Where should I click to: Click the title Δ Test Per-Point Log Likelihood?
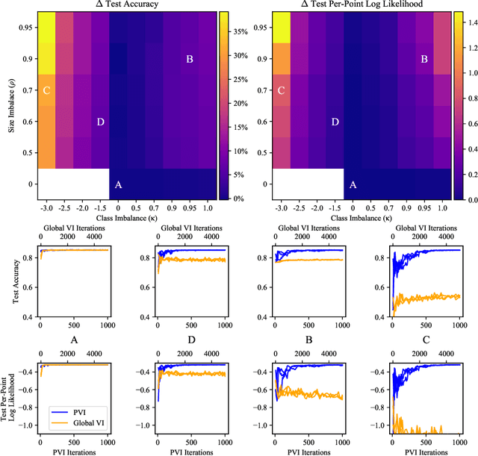[x=360, y=6]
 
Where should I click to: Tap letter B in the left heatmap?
[x=189, y=59]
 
